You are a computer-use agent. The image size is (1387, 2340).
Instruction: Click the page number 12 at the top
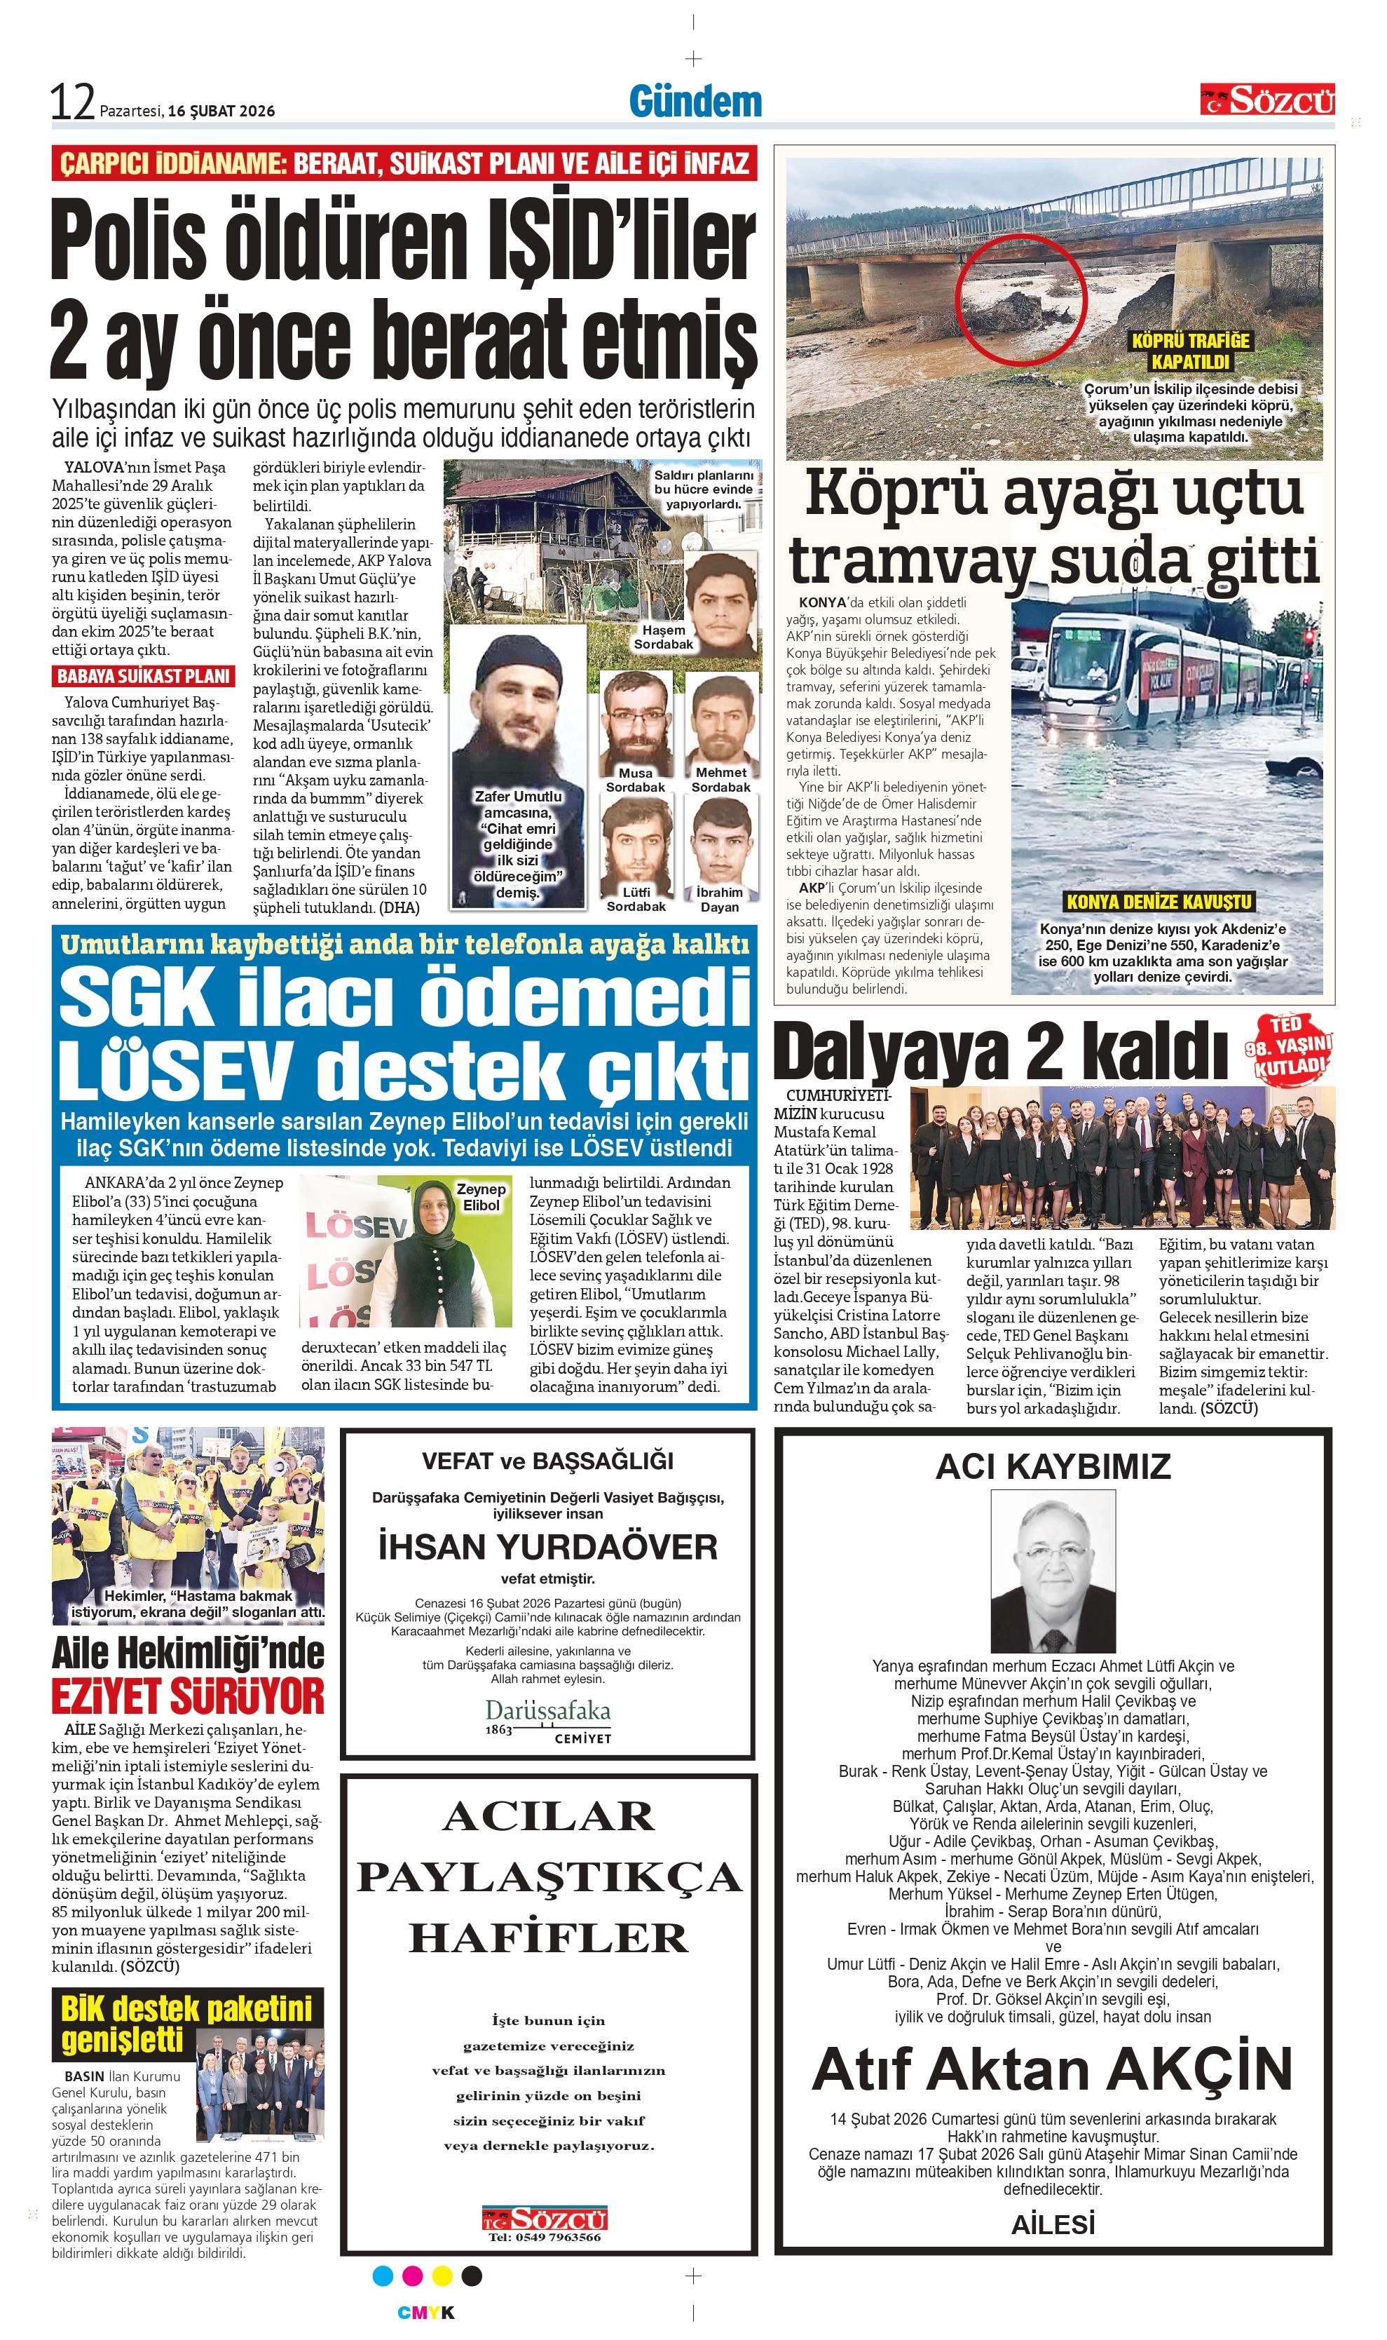[73, 102]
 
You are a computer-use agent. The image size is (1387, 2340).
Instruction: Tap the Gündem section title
[695, 101]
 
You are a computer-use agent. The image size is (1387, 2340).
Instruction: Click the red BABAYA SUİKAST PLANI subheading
[143, 676]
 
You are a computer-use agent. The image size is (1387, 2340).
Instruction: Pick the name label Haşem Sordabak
[664, 637]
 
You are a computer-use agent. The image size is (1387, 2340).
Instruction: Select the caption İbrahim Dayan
[720, 900]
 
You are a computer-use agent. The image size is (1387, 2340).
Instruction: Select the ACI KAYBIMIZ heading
[1053, 1465]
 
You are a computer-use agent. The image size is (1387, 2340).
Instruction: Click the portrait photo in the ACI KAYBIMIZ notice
[1053, 1571]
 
